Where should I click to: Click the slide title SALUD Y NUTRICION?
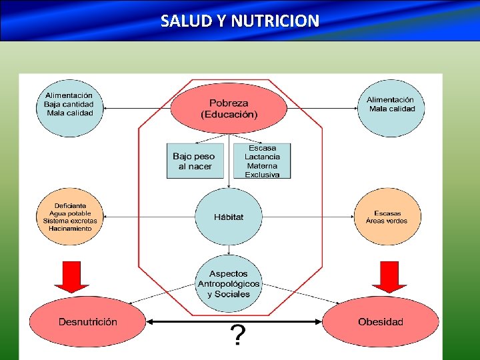pos(240,21)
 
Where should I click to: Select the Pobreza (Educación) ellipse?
pos(229,108)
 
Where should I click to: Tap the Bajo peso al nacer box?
pos(195,161)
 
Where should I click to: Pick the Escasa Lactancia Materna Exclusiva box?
pos(262,161)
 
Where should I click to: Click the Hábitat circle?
pos(229,217)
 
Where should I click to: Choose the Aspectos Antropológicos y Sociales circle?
pos(229,284)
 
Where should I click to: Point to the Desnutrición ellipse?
pos(87,322)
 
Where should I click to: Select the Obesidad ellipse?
pos(381,322)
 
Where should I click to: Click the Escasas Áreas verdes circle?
pos(387,217)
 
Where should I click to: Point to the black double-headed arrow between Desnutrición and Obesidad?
pos(233,321)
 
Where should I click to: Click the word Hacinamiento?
pos(70,229)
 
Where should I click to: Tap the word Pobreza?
pos(229,103)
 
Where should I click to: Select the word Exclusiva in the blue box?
pos(262,175)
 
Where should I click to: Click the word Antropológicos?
pos(229,284)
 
